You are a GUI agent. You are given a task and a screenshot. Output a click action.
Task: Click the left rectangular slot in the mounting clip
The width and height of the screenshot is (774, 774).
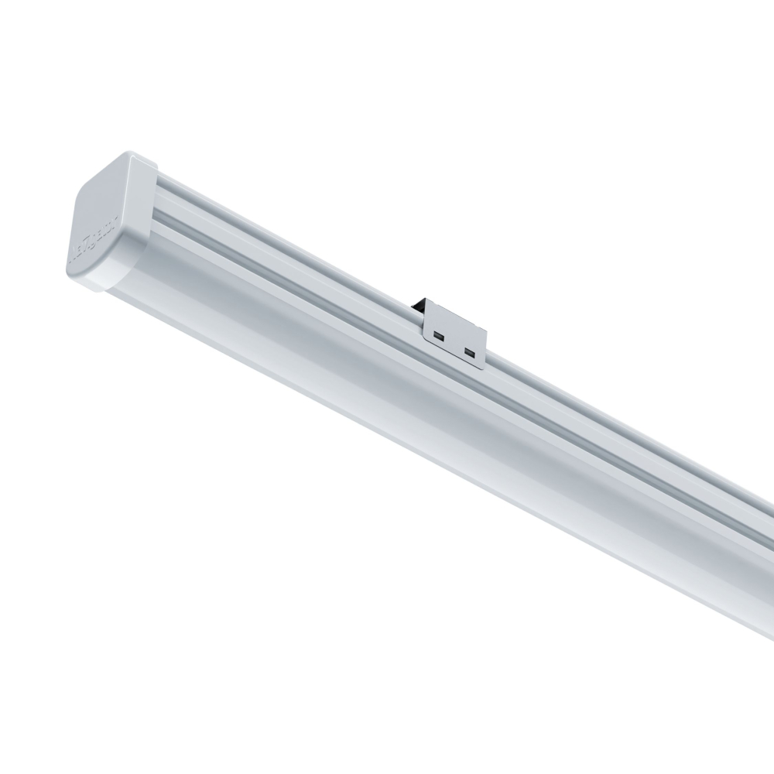point(439,337)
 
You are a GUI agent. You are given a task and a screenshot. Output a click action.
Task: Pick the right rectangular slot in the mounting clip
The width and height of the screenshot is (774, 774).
point(467,351)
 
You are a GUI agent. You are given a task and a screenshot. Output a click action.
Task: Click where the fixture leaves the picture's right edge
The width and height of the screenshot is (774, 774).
point(769,565)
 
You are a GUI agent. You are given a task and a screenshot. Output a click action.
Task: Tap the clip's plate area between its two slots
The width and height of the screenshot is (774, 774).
point(454,344)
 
